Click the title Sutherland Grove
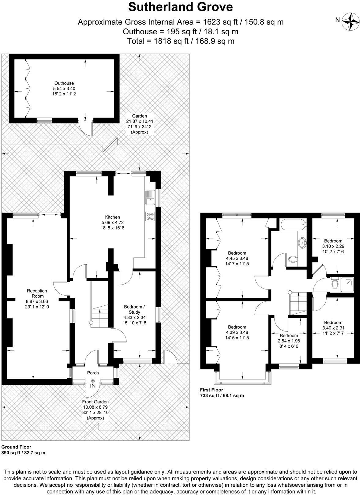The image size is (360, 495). point(180,7)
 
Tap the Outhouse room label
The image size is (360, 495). point(64,83)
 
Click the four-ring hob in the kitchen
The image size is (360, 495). point(150,216)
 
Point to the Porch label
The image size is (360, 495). point(93,373)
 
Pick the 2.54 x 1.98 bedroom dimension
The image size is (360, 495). point(289,341)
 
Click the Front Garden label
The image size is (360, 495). point(95,402)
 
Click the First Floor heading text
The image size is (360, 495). point(212,390)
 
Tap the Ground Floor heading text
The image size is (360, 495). point(16,447)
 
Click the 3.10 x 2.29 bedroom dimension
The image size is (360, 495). point(333,246)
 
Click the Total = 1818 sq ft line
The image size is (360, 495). point(181,41)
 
